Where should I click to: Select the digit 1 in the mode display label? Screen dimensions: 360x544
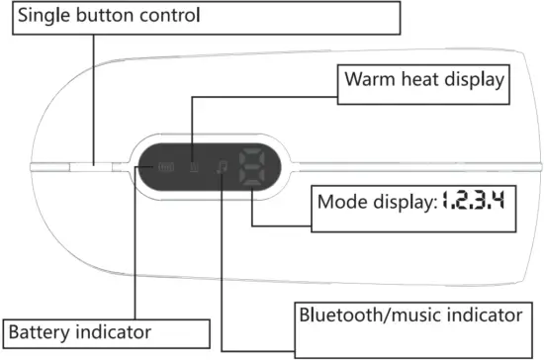click(448, 203)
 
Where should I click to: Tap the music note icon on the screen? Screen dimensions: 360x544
click(223, 168)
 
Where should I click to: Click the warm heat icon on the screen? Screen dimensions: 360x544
click(194, 167)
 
